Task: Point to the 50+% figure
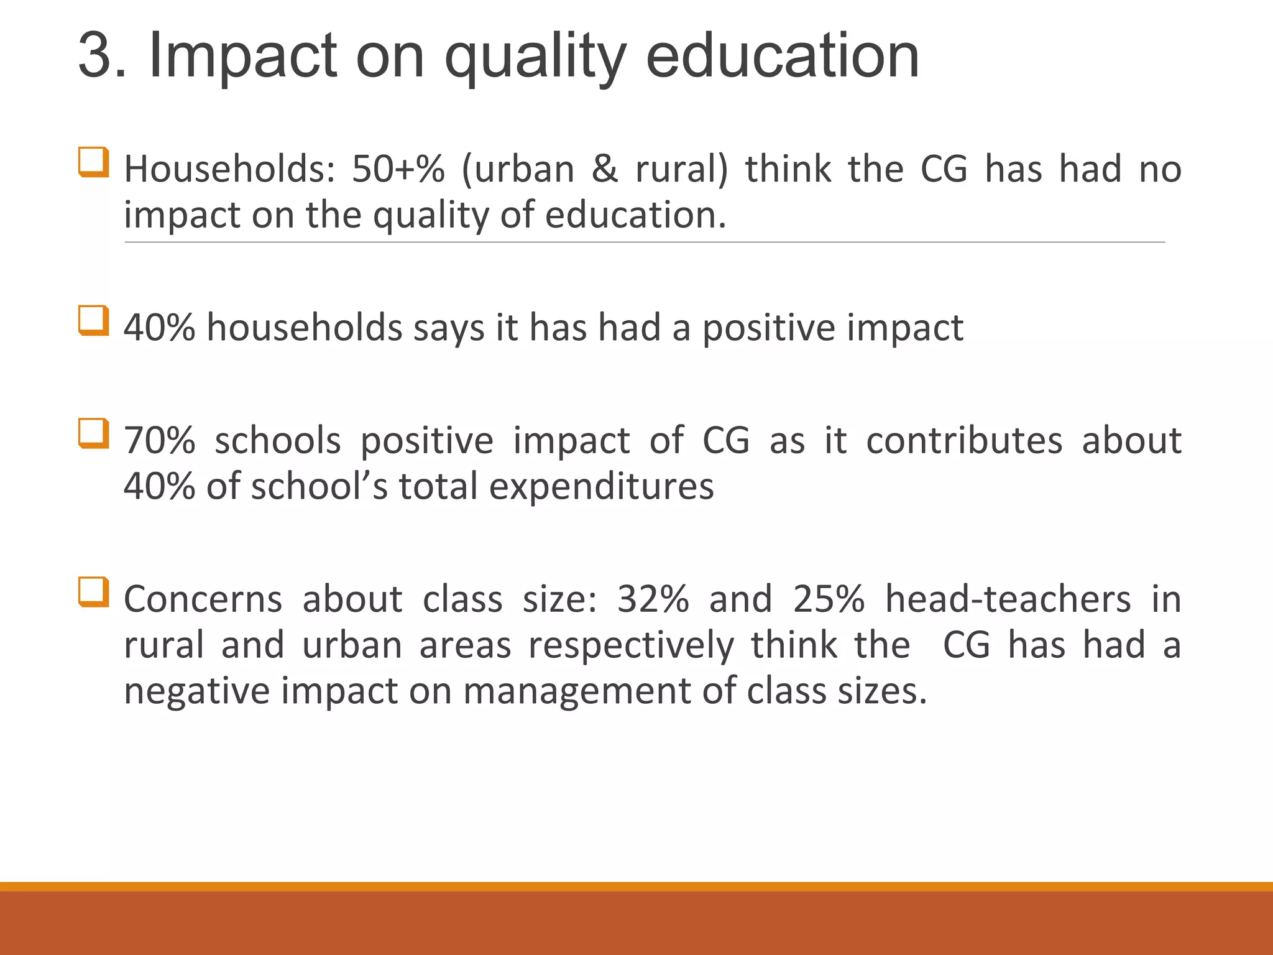click(398, 169)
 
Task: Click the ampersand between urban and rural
click(605, 169)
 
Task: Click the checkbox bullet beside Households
click(94, 162)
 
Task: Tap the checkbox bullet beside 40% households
click(94, 320)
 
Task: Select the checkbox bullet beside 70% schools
click(94, 433)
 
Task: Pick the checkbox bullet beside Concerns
click(94, 592)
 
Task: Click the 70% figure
click(160, 441)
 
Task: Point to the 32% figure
click(653, 599)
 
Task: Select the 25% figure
click(829, 599)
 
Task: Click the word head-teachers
click(1008, 599)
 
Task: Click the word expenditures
click(601, 486)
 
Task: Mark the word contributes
click(964, 441)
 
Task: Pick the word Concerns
click(203, 599)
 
